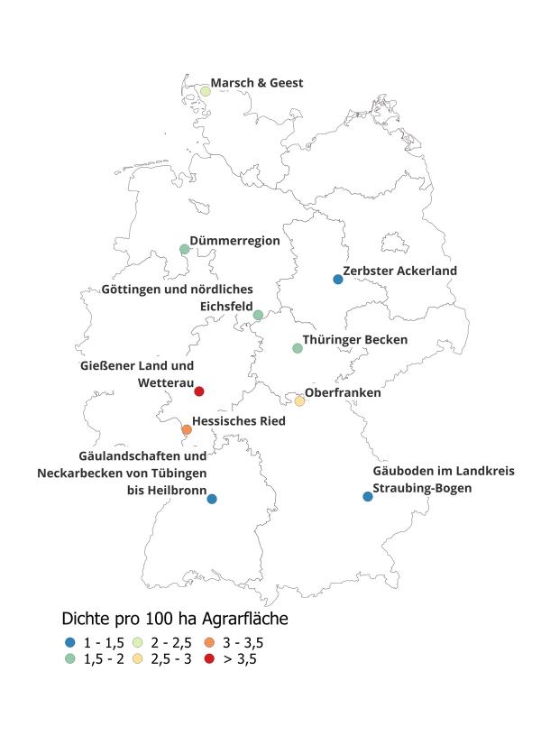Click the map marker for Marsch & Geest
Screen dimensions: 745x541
(x=205, y=91)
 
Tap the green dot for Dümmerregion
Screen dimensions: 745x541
(x=184, y=249)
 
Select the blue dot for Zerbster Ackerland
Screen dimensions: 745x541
(x=338, y=280)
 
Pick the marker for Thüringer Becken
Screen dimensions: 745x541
(x=298, y=348)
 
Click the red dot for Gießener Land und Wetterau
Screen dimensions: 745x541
(x=199, y=391)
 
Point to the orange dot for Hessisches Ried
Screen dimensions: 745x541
(x=187, y=430)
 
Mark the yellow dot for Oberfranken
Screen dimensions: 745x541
(x=299, y=401)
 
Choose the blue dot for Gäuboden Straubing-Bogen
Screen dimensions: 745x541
(x=367, y=497)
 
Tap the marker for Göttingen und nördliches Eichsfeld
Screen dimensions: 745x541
(x=258, y=315)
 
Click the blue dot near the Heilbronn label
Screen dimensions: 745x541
(x=211, y=499)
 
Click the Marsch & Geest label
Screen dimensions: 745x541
(x=257, y=83)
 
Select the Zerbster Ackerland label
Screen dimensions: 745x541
(x=400, y=271)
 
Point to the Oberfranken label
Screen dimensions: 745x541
(x=343, y=393)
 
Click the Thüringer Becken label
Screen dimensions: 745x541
(x=356, y=340)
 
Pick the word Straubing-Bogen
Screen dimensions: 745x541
(x=422, y=489)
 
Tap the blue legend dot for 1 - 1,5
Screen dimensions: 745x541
(x=70, y=643)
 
